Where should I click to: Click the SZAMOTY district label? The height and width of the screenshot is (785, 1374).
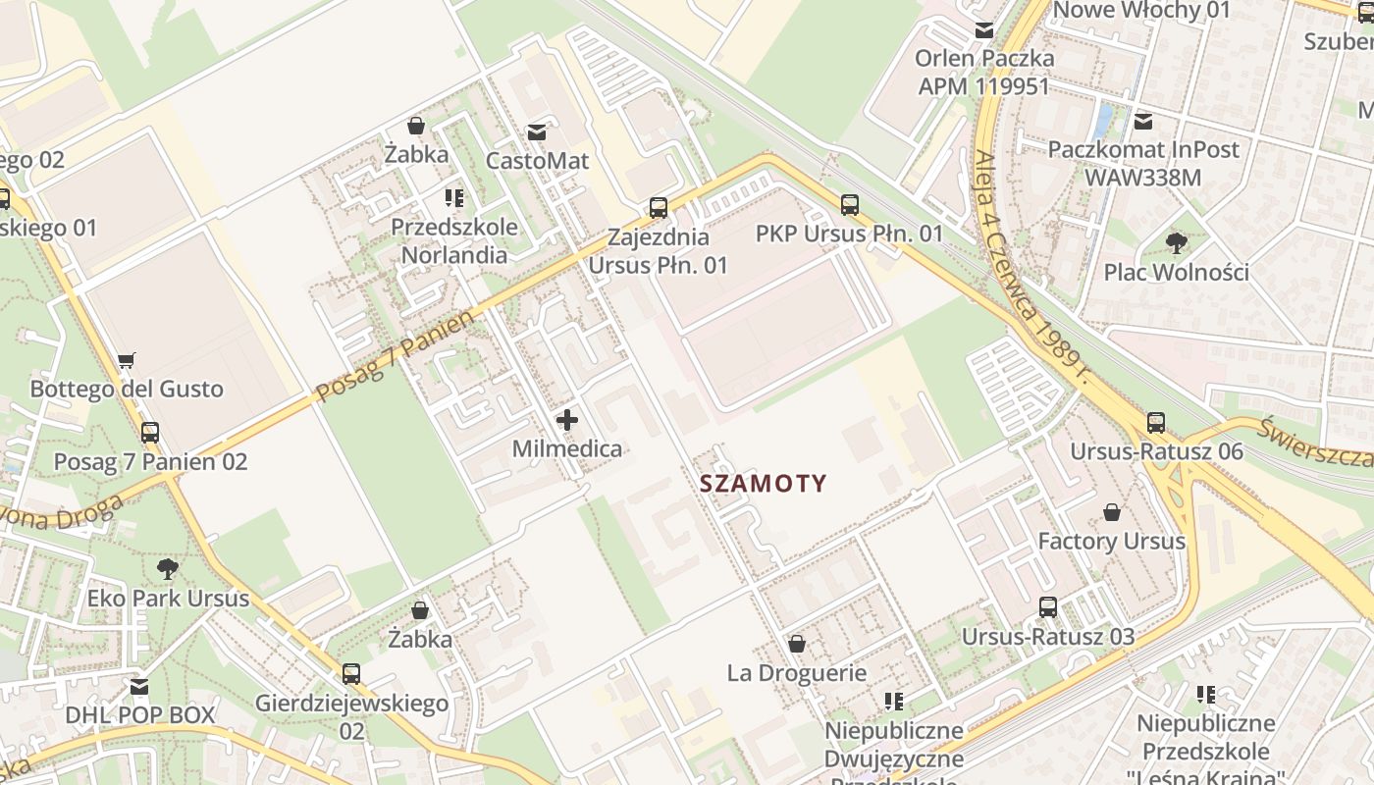point(763,483)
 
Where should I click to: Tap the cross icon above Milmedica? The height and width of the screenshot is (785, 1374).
point(567,421)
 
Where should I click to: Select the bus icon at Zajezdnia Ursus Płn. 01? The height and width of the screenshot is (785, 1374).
point(659,208)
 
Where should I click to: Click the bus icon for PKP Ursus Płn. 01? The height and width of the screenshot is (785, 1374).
point(850,205)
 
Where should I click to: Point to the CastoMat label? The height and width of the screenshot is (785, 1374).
point(537,160)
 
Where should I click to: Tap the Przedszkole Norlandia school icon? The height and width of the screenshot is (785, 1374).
point(453,198)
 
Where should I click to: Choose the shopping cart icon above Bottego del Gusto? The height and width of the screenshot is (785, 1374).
point(126,361)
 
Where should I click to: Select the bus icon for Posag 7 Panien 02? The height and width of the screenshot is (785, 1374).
point(150,432)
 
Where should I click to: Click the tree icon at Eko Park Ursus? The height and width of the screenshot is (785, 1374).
point(168,568)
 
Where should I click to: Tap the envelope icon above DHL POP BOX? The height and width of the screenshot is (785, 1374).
point(139,686)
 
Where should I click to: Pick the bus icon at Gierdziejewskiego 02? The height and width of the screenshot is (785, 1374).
point(351,674)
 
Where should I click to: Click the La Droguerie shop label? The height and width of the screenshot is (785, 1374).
point(796,673)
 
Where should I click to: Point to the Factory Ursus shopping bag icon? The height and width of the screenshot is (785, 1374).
point(1112,512)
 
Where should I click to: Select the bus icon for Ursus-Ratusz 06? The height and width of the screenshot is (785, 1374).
point(1156,423)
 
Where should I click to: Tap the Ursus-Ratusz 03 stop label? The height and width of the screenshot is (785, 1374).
point(1047,637)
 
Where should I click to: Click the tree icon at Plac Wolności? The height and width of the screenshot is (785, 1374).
point(1176,242)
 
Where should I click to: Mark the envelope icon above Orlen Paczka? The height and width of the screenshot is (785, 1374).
point(984,30)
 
